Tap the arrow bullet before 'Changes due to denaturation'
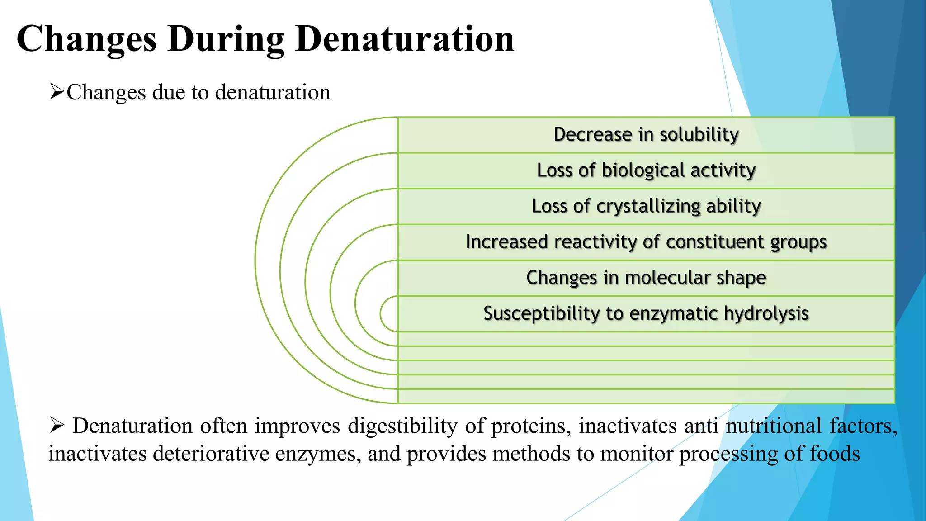[x=57, y=92]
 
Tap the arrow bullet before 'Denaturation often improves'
[x=57, y=426]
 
